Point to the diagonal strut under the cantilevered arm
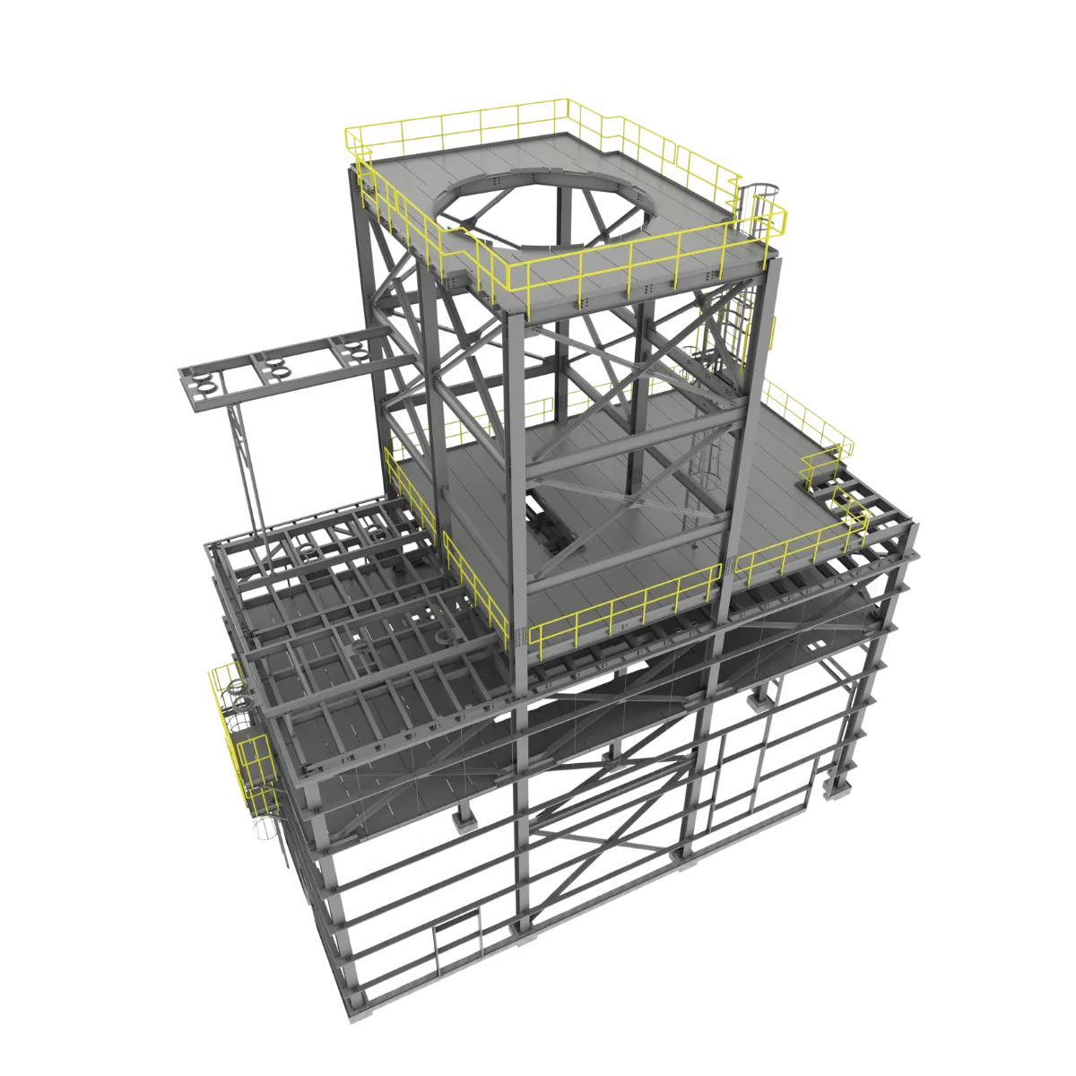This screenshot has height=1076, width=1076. point(247,466)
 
